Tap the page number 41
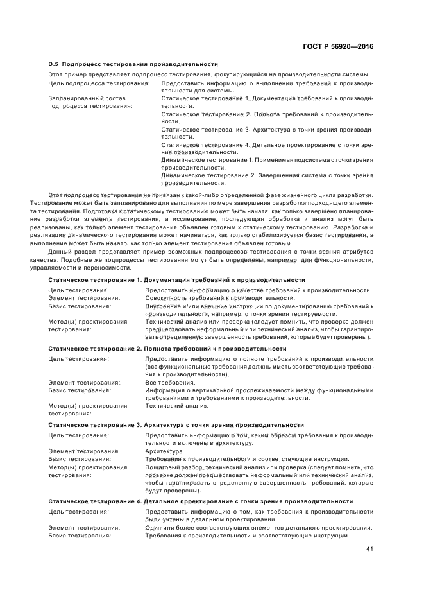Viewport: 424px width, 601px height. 369,548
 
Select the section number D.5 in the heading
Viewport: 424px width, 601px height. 55,64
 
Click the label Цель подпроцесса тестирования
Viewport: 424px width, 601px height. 99,83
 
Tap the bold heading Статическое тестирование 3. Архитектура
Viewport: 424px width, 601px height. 176,425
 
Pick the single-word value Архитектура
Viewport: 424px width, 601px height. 165,451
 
